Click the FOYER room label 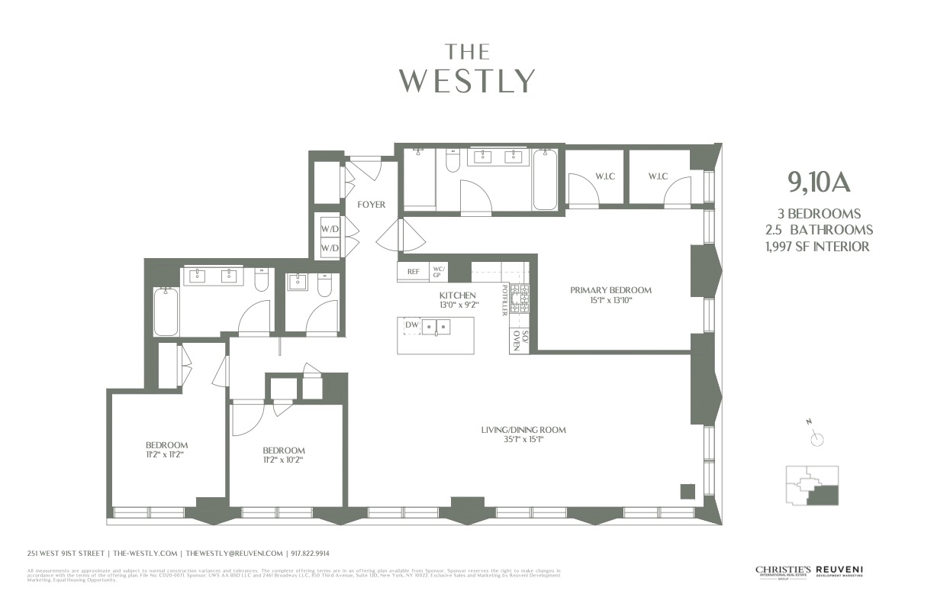click(x=372, y=205)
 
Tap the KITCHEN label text click(x=458, y=296)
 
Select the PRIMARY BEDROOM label click(x=611, y=290)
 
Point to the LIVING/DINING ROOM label click(x=523, y=430)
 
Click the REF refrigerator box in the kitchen click(x=413, y=271)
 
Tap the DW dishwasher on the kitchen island click(x=412, y=325)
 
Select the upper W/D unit click(x=330, y=228)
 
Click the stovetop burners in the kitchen click(x=519, y=299)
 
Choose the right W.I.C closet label click(x=658, y=177)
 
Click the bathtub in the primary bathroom click(x=545, y=180)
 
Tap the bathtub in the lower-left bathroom click(x=165, y=312)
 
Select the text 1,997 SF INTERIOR click(x=820, y=246)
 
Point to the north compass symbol click(x=817, y=438)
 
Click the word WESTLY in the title click(x=467, y=80)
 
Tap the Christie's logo click(x=783, y=571)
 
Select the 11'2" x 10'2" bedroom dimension click(x=284, y=460)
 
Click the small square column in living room click(x=687, y=491)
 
